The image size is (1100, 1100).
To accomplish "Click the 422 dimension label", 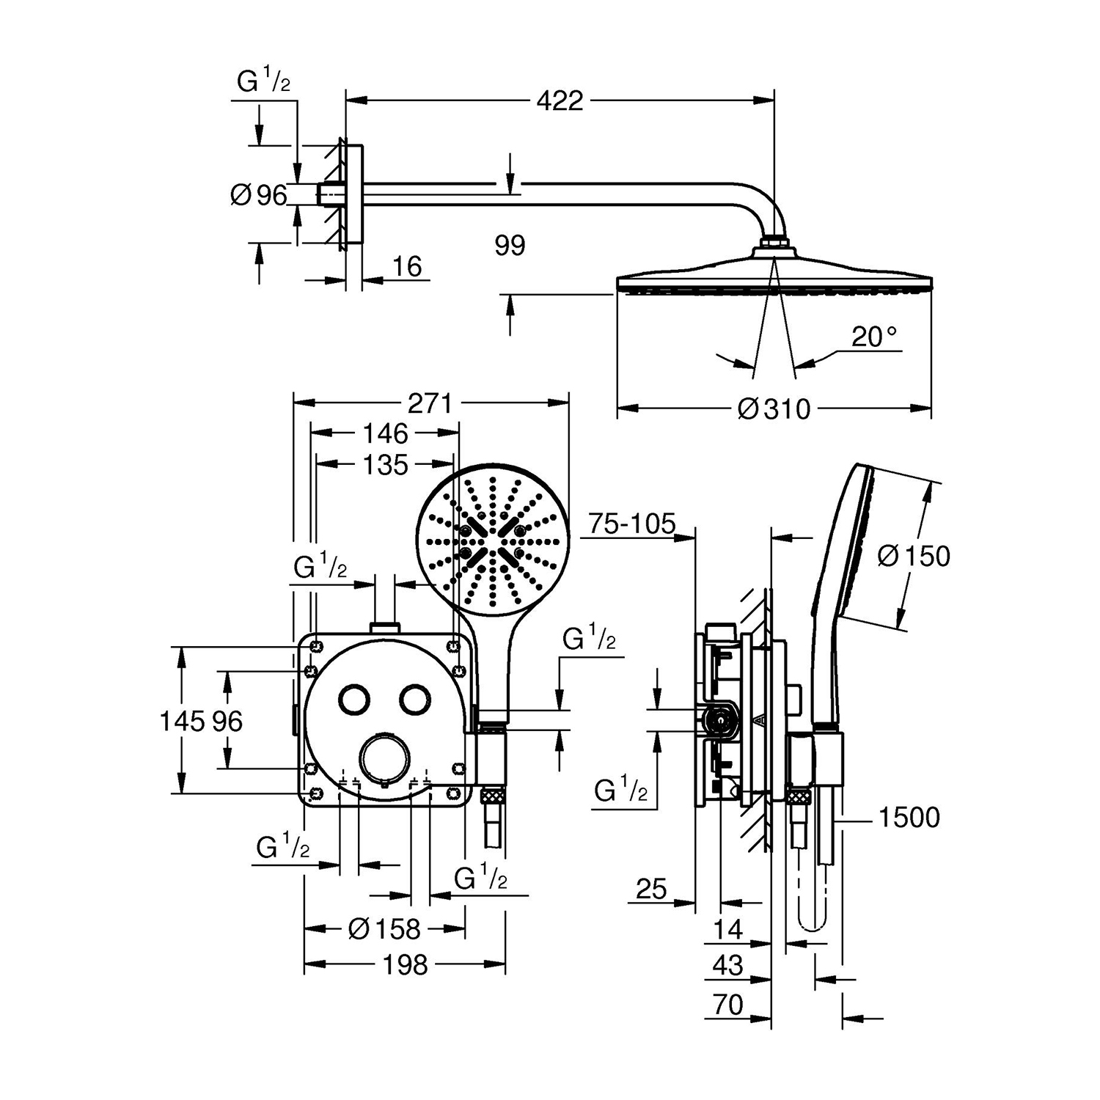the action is (x=560, y=100).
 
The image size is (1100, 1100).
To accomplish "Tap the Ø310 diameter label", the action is (x=774, y=408).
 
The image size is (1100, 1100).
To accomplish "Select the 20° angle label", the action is (x=874, y=337).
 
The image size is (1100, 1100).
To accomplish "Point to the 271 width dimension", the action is (x=430, y=403).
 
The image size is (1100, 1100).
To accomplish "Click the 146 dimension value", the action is (x=386, y=433).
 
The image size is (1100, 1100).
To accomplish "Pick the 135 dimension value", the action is (x=386, y=464).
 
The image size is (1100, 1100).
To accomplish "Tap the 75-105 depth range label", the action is (x=631, y=524).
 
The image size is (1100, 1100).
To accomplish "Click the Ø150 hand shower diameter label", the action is (x=914, y=556).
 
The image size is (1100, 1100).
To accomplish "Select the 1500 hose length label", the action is (x=909, y=817).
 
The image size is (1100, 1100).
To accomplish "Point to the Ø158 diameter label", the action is (x=384, y=929).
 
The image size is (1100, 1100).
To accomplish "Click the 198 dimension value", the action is (x=406, y=964).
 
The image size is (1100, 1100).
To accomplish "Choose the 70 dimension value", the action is (x=728, y=1004).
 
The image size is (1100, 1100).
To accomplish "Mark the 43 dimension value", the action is (x=728, y=965).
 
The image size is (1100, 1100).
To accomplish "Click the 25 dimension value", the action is (x=651, y=890).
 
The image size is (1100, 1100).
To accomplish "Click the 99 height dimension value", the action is (x=510, y=245).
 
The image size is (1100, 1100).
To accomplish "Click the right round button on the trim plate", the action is (x=416, y=699).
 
